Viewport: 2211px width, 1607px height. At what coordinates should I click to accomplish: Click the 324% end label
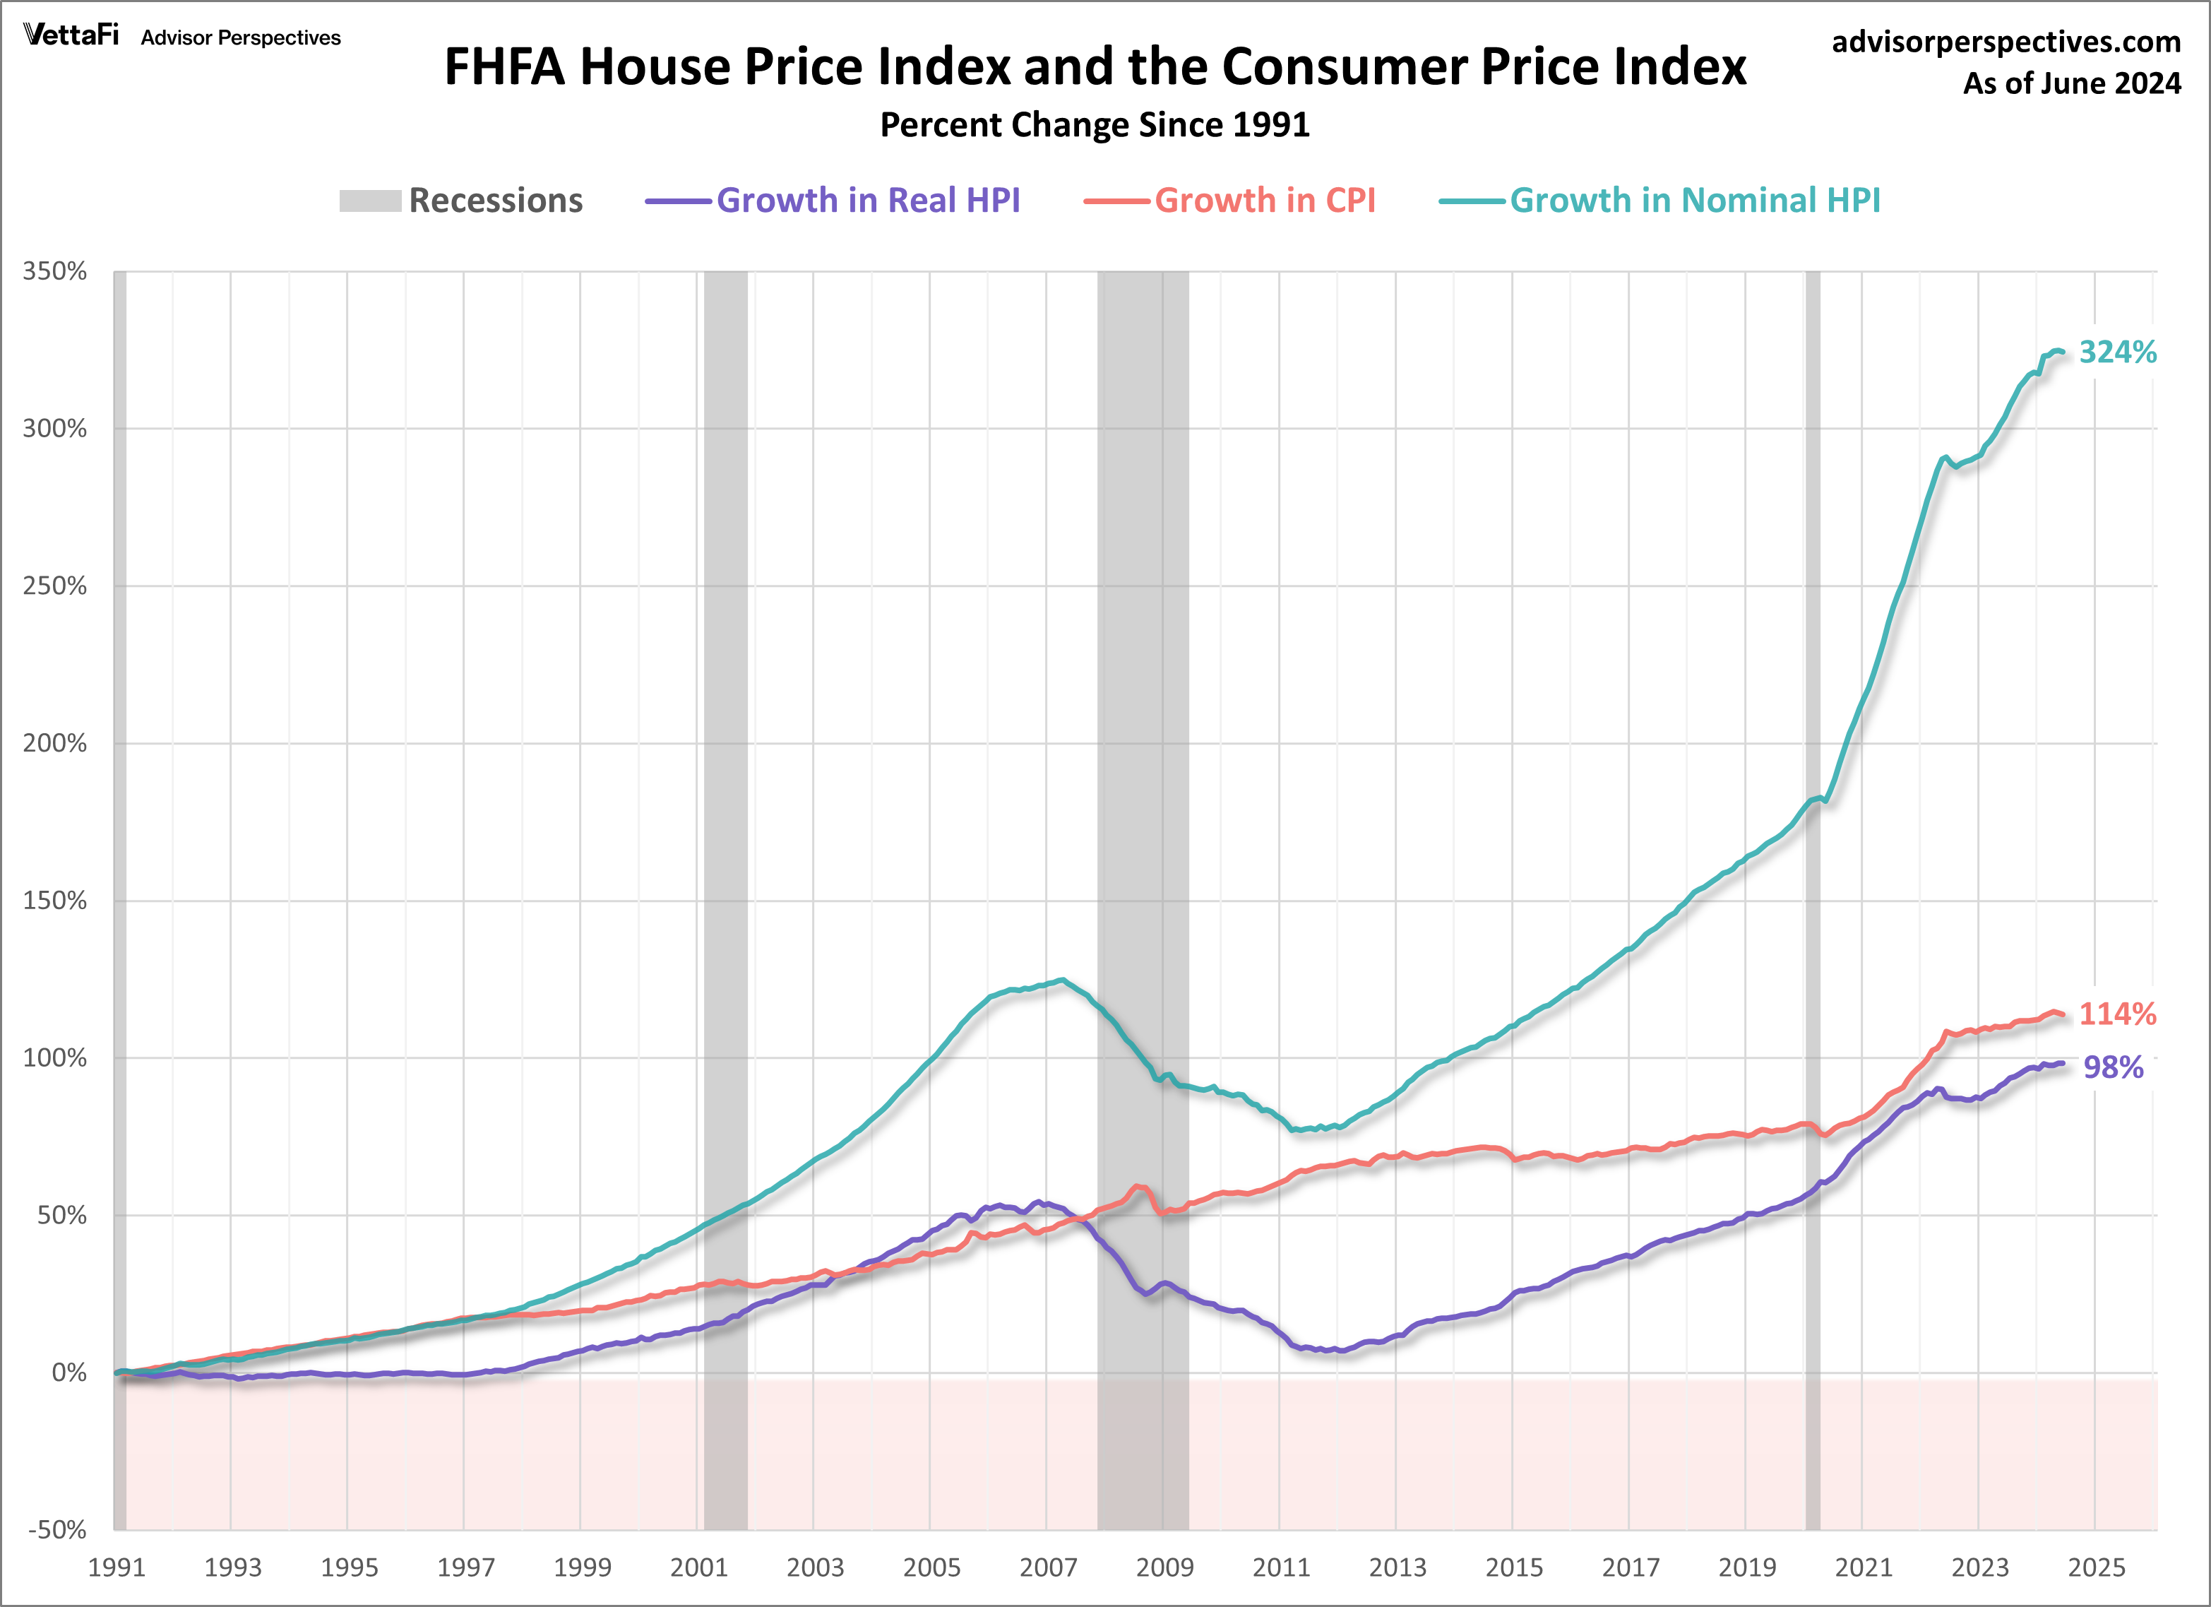tap(2116, 352)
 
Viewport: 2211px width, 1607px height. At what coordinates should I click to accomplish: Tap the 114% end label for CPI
tap(2116, 1014)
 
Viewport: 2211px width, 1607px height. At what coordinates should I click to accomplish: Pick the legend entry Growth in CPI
tap(1265, 201)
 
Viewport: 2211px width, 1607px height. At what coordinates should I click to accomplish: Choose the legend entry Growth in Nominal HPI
tap(1694, 201)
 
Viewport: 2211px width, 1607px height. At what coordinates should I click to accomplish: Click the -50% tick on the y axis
tap(56, 1529)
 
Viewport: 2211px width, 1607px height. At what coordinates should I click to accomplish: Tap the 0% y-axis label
tap(68, 1373)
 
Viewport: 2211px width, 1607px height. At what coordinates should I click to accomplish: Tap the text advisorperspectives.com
tap(2006, 42)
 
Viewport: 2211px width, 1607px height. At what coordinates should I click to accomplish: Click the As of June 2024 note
tap(2072, 84)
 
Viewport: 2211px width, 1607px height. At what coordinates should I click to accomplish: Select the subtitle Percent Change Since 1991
tap(1094, 125)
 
